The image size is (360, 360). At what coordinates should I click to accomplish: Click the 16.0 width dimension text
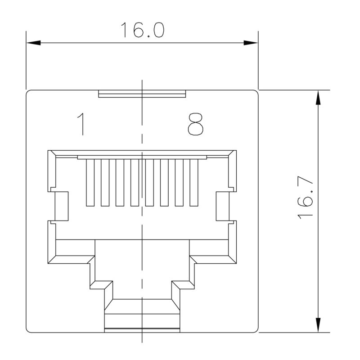142,30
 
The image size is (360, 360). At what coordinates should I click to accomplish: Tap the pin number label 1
81,124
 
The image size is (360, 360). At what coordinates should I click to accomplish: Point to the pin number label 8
195,124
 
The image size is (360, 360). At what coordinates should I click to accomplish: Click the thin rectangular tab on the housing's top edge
142,94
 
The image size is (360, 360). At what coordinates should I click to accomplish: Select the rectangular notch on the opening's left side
61,206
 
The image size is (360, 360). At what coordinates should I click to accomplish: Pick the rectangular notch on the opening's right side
223,206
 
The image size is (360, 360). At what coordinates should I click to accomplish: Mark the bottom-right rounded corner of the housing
255,330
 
